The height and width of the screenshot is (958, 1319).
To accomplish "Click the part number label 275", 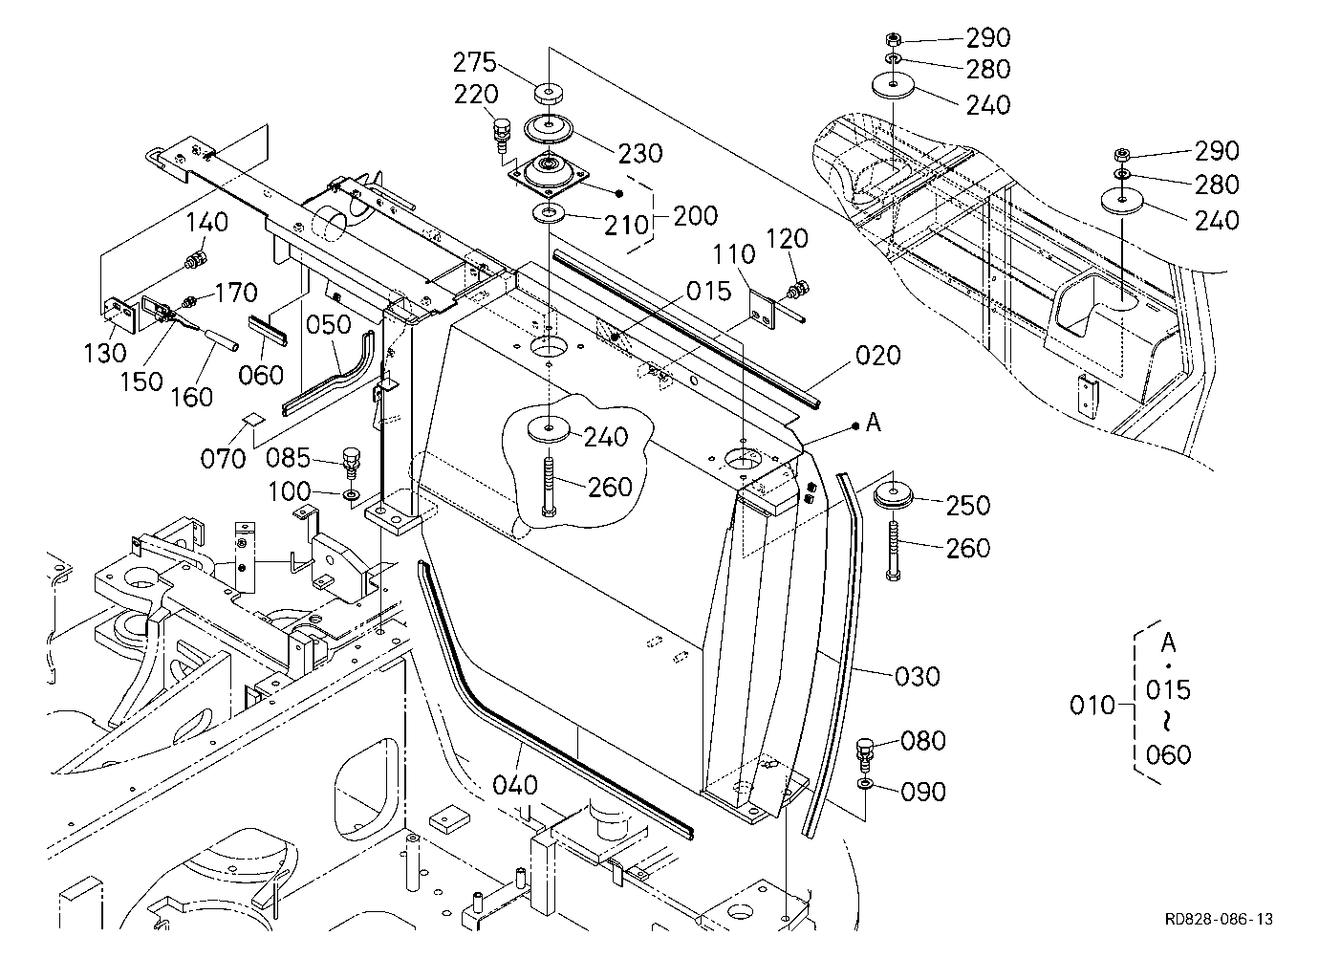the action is coord(475,62).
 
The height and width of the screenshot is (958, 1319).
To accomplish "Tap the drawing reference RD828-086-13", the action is coord(1219,919).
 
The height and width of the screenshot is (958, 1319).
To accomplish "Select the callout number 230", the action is coord(640,153).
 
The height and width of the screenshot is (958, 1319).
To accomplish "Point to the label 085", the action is coord(288,458).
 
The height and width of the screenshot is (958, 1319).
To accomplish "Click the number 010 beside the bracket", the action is coord(1092,705).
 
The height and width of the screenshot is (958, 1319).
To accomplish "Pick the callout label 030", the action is coord(917,676).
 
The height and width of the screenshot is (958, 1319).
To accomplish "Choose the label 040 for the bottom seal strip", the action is coord(515,785).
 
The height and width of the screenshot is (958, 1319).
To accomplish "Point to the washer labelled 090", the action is coord(866,784).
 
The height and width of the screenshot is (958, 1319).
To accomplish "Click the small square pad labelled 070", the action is coord(254,419).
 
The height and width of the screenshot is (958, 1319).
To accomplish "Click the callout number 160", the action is coord(191,397).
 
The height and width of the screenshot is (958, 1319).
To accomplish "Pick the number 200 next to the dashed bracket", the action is coord(696,216).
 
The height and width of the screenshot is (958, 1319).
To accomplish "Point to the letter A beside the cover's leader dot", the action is coord(874,422).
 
